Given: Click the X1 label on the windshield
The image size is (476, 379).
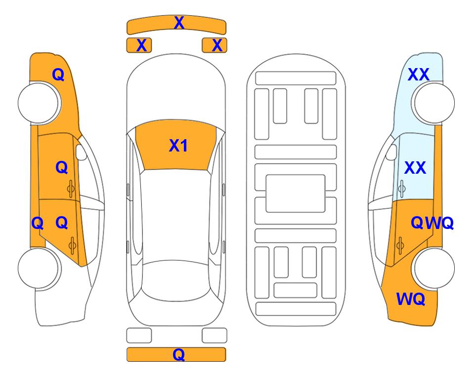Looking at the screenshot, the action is tap(178, 146).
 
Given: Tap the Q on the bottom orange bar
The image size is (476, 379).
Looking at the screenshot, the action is tap(178, 354).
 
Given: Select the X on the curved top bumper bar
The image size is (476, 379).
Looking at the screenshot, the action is tap(179, 23).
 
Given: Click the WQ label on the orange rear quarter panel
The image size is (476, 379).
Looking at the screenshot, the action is tap(410, 299).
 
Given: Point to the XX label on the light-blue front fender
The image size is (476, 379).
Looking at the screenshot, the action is tap(418, 75).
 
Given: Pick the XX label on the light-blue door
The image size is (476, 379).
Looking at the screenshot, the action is tap(415, 168).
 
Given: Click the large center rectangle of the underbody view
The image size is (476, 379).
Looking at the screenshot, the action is tap(296, 193).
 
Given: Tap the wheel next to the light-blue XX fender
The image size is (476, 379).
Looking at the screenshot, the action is tap(433, 103).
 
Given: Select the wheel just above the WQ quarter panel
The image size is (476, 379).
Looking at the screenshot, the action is tap(433, 268).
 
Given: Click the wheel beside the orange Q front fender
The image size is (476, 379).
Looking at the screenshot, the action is tap(40, 103).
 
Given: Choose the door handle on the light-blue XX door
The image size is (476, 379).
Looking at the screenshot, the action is tap(402, 189).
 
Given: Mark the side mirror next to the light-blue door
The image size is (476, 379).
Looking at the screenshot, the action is tap(391, 152).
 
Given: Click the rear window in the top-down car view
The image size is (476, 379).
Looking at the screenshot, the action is tap(176, 280).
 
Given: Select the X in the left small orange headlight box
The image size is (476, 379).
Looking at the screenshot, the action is tap(141, 45).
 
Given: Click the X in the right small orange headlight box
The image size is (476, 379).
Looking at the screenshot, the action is tap(217, 45).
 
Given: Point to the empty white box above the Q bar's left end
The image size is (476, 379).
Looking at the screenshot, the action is tap(139, 336).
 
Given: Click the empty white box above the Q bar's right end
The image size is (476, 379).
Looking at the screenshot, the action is tap(215, 336).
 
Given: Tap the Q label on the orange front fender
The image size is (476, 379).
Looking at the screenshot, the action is tap(58, 75).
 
